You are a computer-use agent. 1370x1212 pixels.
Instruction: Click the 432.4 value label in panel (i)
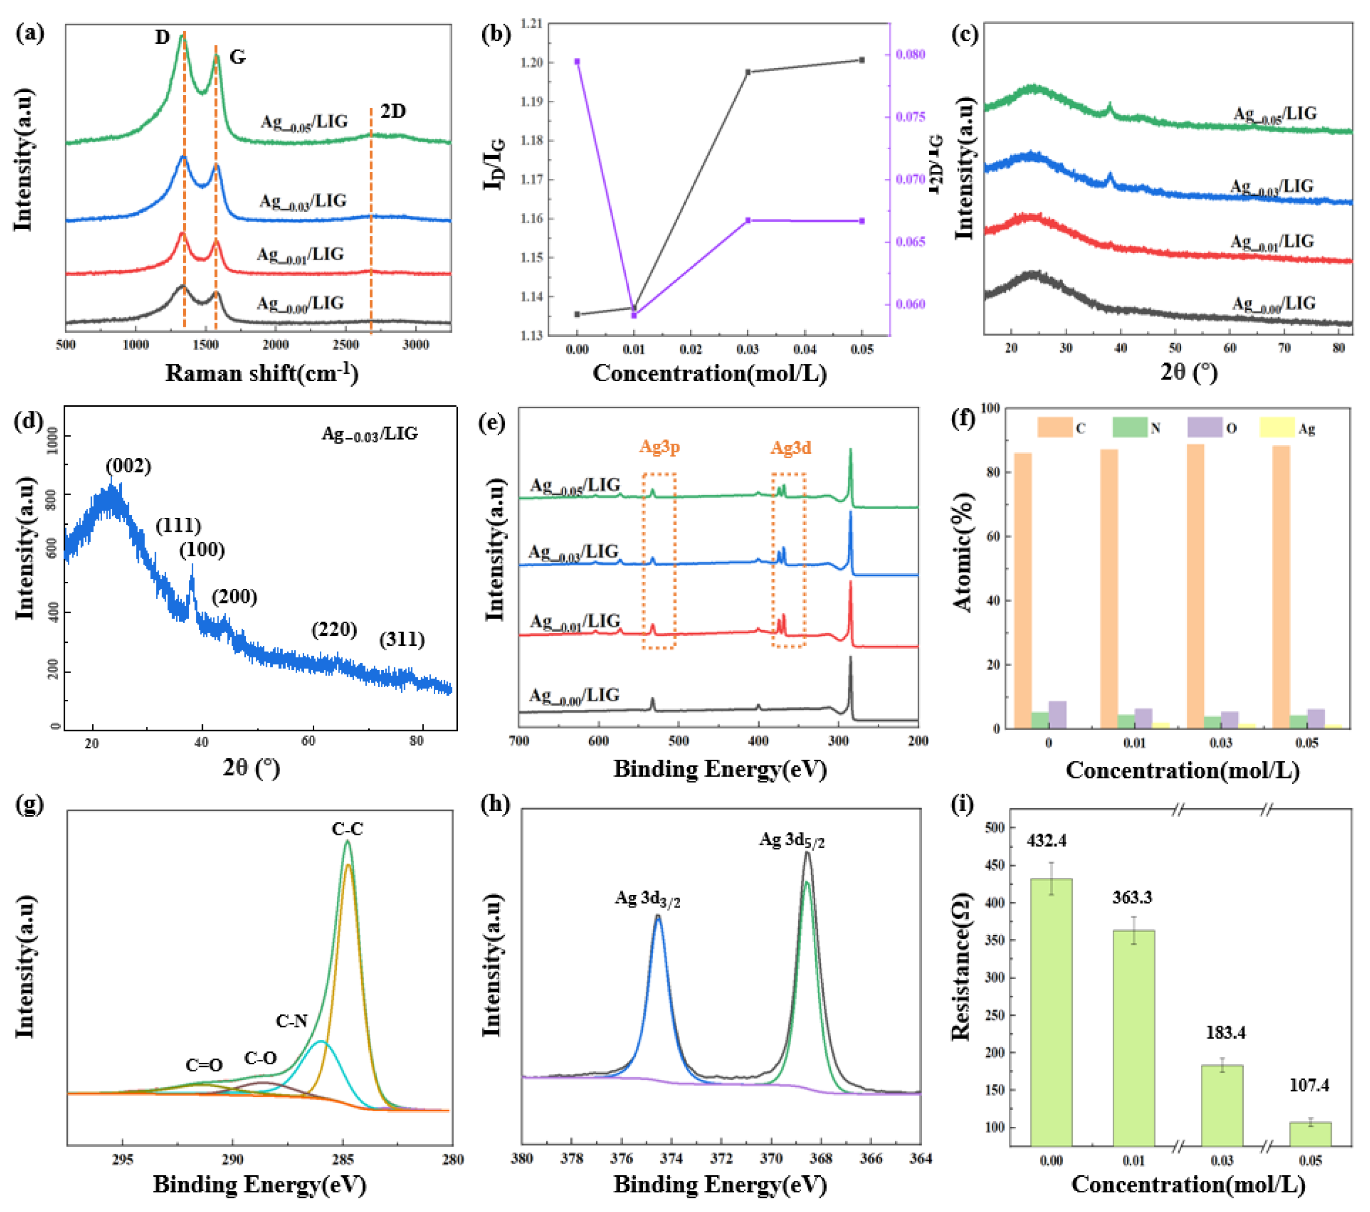(1046, 840)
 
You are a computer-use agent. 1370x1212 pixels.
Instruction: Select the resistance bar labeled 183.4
(1221, 1106)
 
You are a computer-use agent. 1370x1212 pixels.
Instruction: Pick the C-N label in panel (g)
(292, 1020)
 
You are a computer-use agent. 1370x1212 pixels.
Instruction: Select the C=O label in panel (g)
(204, 1065)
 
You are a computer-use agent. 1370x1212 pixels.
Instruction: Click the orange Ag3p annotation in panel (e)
(659, 447)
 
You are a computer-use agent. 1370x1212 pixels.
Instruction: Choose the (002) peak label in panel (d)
(128, 466)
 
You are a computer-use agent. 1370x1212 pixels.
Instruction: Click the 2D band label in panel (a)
(393, 111)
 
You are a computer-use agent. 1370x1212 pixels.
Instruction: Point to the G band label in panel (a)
(237, 57)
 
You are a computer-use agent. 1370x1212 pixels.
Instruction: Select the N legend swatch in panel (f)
(1129, 427)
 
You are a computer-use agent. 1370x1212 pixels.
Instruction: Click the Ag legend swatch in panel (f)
(1277, 427)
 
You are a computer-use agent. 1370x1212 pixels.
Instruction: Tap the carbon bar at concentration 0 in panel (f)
(1023, 590)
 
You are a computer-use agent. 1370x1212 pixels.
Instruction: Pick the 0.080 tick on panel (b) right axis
(910, 54)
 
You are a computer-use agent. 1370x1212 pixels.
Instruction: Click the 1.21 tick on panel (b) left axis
(531, 24)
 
